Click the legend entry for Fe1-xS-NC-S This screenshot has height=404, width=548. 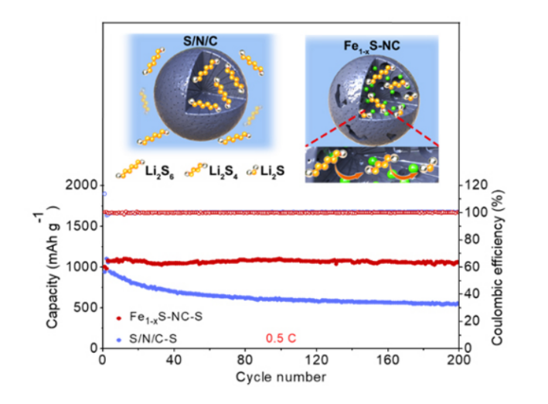(x=162, y=317)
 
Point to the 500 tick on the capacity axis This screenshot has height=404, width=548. (x=87, y=307)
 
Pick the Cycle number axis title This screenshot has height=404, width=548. (x=281, y=378)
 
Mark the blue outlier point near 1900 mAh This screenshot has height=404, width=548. (x=104, y=193)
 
